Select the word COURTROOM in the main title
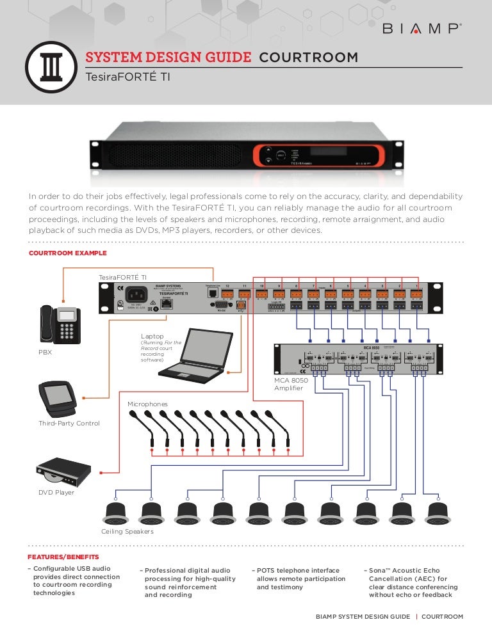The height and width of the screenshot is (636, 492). (308, 58)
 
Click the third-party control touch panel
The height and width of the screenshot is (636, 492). (60, 399)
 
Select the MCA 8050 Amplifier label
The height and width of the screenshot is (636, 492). (291, 384)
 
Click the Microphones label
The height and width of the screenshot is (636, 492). (147, 404)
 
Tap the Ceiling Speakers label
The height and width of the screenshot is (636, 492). (127, 532)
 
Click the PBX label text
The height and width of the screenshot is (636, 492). (45, 351)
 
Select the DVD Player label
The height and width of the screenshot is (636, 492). (56, 492)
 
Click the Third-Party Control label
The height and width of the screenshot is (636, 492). (69, 424)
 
